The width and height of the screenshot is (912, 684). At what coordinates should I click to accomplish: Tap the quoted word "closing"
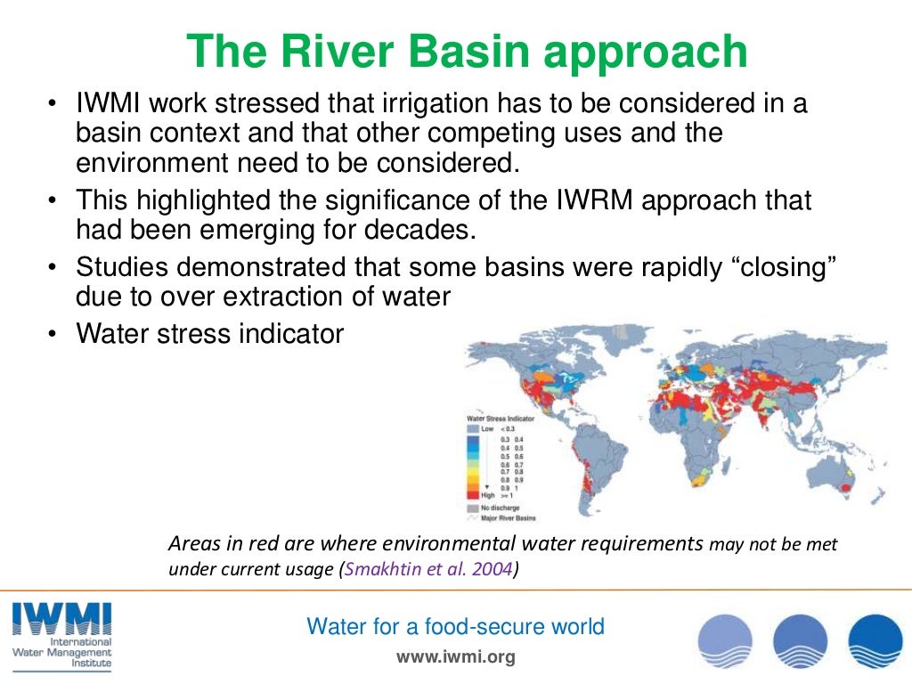[x=767, y=267]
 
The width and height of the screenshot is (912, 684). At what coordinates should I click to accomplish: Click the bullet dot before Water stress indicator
[x=53, y=334]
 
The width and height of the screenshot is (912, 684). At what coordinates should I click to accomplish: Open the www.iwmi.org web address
[x=455, y=658]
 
